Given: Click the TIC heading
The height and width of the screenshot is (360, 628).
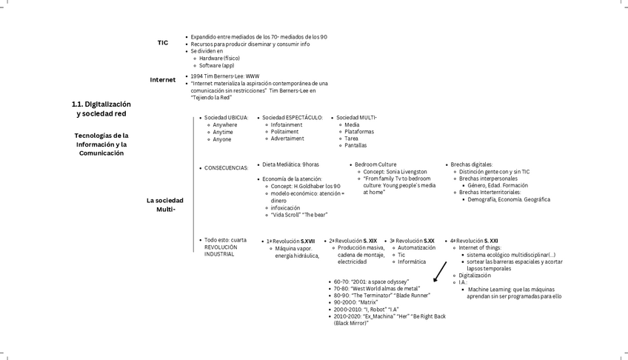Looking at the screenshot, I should (x=162, y=43).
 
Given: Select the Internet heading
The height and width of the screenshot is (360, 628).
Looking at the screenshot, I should (x=163, y=80).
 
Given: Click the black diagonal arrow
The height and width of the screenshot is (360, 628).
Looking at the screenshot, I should (x=440, y=271).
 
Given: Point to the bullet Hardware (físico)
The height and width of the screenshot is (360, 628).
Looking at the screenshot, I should (x=219, y=58).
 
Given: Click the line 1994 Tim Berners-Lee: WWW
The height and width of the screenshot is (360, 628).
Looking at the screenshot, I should (x=224, y=76).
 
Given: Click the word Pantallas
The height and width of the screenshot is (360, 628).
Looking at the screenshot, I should (x=355, y=145).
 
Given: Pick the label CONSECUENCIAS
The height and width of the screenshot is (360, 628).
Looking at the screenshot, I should (x=226, y=168).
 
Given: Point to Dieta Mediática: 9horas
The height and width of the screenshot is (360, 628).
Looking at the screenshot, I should (x=290, y=164).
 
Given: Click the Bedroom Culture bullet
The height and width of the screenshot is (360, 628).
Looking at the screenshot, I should (x=375, y=164).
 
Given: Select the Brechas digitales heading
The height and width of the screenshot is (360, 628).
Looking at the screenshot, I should (x=471, y=164).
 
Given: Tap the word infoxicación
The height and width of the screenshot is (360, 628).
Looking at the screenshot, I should (x=285, y=207).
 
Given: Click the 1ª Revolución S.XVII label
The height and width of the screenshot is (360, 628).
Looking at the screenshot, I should (x=290, y=241).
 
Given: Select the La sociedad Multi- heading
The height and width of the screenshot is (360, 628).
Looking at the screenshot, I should (x=164, y=204).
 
